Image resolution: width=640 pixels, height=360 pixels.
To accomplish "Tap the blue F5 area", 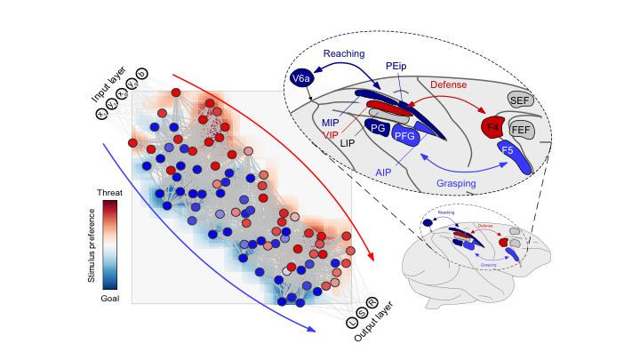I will [508, 151].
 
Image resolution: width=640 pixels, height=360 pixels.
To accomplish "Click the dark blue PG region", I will [378, 128].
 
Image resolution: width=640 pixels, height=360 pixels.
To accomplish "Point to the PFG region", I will [405, 135].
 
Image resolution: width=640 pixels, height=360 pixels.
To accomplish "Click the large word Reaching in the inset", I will [344, 53].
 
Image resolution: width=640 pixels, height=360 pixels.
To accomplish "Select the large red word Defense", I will [448, 85].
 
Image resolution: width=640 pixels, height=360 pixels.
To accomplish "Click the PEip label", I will [397, 66].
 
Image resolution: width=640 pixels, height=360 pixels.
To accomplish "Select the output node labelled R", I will [372, 302].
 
